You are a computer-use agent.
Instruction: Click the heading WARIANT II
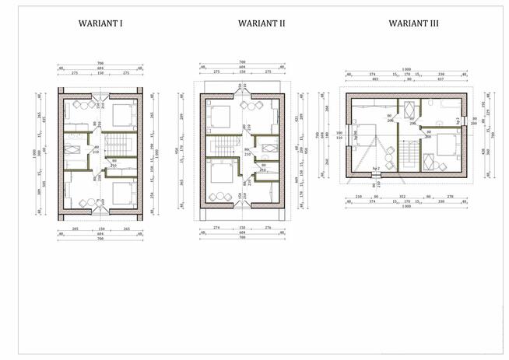tap(260, 23)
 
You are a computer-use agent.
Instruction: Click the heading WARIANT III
tap(413, 23)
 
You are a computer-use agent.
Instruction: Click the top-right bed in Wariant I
tap(123, 116)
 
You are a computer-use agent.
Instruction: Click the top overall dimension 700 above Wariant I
tap(100, 62)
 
